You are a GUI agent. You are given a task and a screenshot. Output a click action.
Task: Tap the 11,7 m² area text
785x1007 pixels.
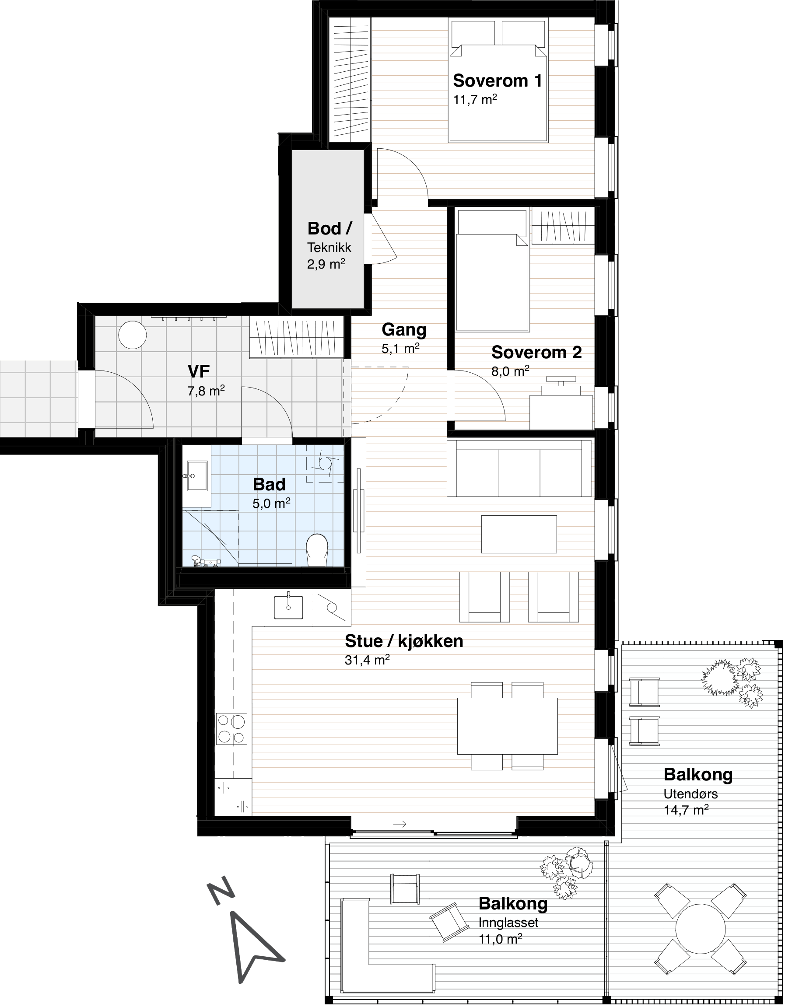475,100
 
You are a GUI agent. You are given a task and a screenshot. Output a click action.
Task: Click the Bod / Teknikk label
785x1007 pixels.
329,237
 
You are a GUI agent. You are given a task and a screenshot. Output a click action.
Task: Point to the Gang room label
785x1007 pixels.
404,330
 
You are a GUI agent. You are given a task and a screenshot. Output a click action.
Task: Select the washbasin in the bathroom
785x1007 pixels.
197,476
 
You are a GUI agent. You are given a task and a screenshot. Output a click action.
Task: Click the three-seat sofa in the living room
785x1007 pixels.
519,468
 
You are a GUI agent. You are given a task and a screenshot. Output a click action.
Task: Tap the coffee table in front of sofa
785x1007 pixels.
519,534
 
